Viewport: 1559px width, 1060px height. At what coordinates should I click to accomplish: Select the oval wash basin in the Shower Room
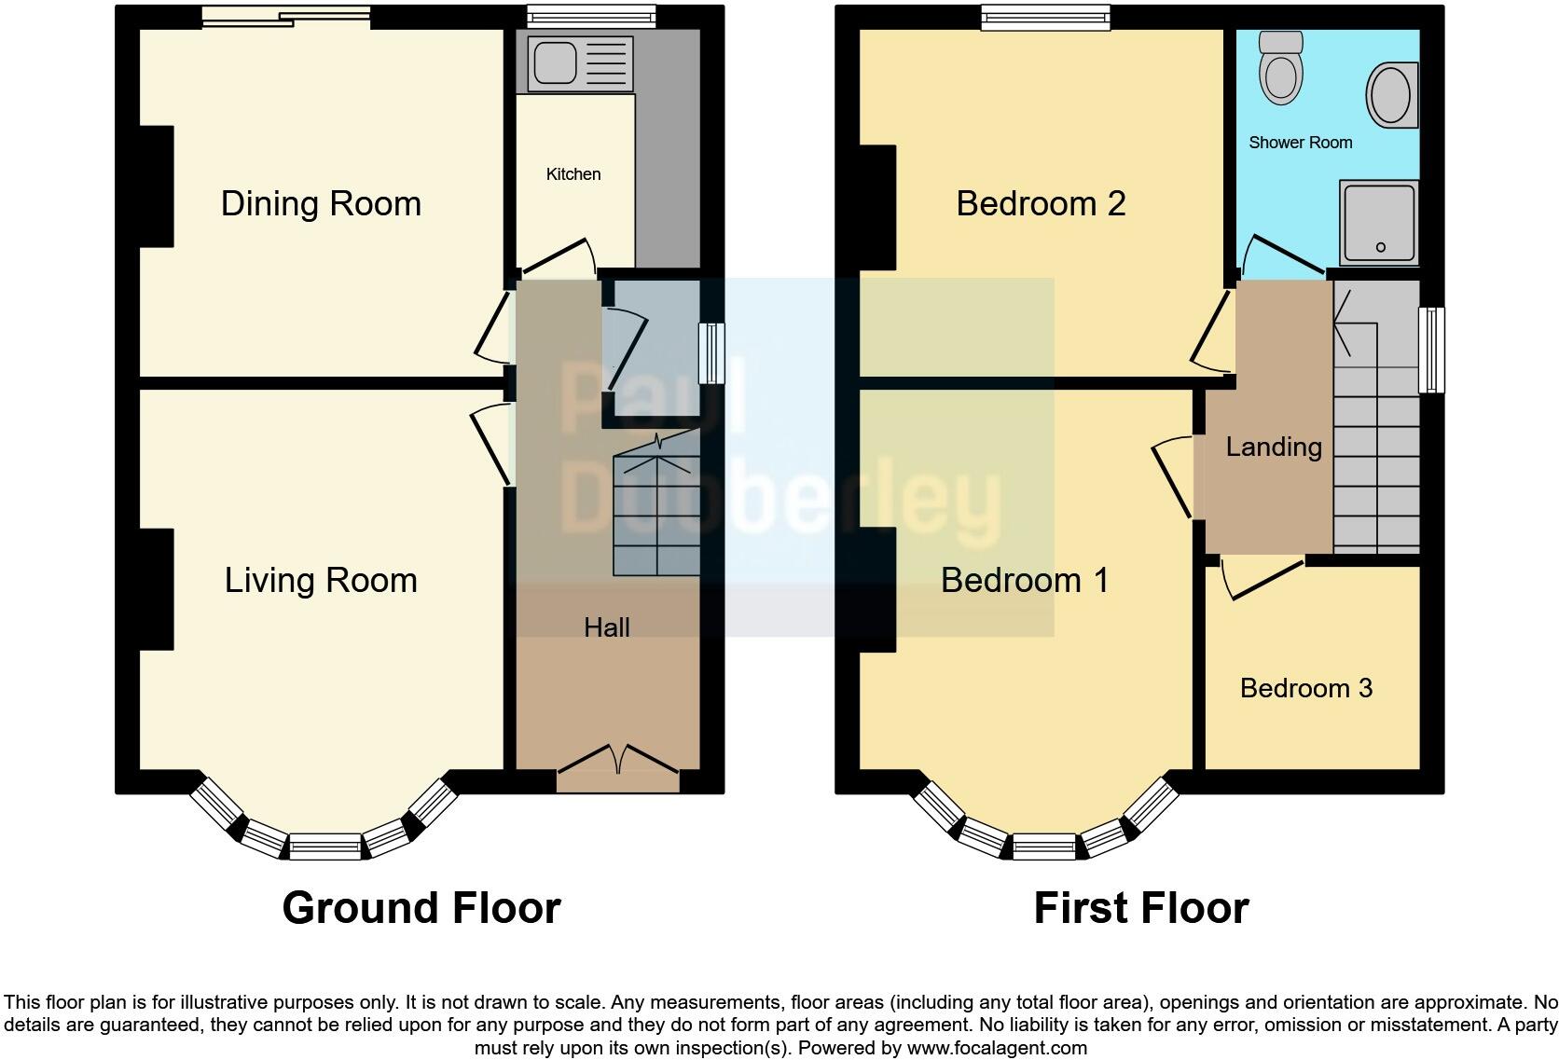(1391, 94)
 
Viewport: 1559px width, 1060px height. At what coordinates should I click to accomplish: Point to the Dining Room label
(321, 203)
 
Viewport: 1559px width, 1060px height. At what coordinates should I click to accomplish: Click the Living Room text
(321, 580)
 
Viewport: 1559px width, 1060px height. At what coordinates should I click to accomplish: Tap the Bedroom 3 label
(1305, 688)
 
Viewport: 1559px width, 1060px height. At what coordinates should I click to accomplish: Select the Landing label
(1273, 447)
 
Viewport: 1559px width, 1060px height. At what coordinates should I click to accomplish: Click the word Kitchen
(573, 174)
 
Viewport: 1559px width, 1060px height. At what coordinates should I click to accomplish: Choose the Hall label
(607, 627)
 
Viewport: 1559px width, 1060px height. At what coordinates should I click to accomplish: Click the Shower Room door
(1282, 255)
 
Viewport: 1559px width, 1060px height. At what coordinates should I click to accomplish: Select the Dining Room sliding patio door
(285, 16)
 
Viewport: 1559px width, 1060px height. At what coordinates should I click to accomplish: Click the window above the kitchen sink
(590, 16)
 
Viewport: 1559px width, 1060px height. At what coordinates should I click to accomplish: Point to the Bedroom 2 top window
(1045, 16)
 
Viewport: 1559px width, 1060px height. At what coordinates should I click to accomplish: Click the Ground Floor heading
(421, 907)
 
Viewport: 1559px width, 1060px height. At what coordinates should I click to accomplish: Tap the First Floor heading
(1140, 907)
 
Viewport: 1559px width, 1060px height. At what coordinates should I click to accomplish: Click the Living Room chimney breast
(156, 589)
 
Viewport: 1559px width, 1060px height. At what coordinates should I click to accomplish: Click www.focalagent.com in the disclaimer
(996, 1048)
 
